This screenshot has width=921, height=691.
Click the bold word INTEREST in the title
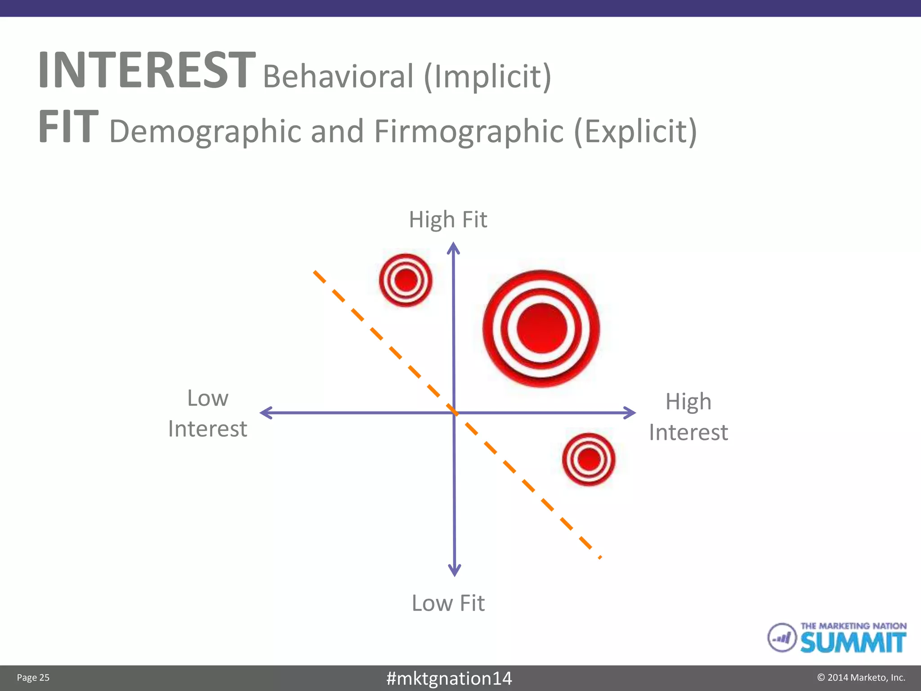[147, 70]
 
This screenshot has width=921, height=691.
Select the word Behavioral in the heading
[338, 76]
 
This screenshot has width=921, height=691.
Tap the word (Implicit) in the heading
[487, 76]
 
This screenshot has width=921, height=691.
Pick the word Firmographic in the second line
[469, 131]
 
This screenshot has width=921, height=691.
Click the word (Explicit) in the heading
[635, 131]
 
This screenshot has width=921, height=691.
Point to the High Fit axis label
[448, 220]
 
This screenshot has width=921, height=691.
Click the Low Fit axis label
[448, 603]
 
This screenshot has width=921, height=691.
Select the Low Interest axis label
[207, 413]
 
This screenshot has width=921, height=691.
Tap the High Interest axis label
[688, 417]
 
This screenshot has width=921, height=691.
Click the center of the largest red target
[541, 328]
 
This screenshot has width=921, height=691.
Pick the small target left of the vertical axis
[406, 280]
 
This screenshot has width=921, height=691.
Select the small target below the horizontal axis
[589, 459]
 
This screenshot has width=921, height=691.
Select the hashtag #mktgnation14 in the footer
[449, 678]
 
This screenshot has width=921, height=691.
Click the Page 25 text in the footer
[33, 678]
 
